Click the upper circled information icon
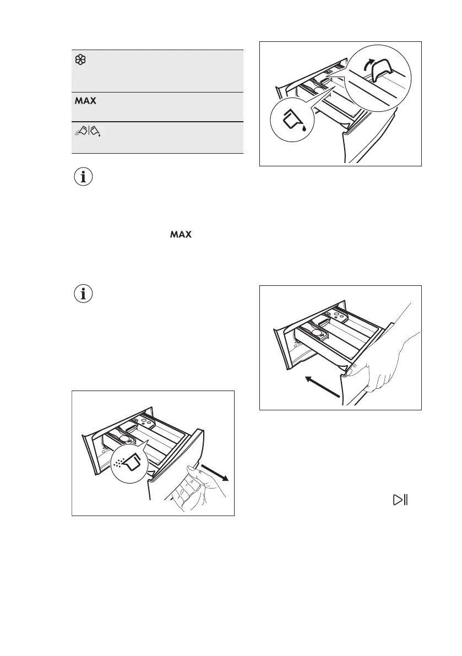coord(84,178)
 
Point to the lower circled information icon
coord(84,294)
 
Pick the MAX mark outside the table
coord(181,235)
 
